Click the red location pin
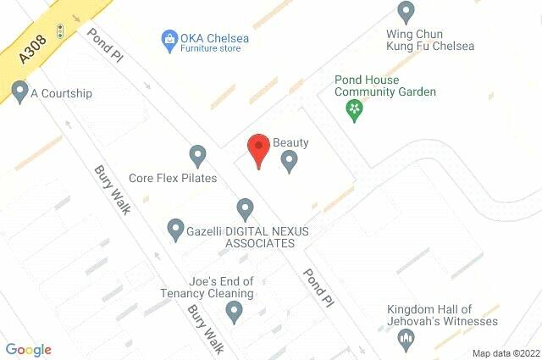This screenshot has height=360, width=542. [x=258, y=150]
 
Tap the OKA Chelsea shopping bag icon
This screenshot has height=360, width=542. [x=169, y=38]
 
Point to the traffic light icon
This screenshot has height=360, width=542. [x=60, y=31]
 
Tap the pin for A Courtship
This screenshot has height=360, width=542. [x=19, y=91]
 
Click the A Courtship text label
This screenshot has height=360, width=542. [x=61, y=93]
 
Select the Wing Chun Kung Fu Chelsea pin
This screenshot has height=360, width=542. [x=406, y=12]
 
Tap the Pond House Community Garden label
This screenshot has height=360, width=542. [x=384, y=86]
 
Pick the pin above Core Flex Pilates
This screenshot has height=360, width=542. [x=197, y=155]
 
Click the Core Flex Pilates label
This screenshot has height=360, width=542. [x=173, y=179]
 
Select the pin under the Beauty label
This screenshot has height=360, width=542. [x=290, y=160]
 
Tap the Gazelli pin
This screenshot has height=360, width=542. [x=175, y=228]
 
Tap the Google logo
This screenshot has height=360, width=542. [x=29, y=350]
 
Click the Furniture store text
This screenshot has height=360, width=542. [x=209, y=49]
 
